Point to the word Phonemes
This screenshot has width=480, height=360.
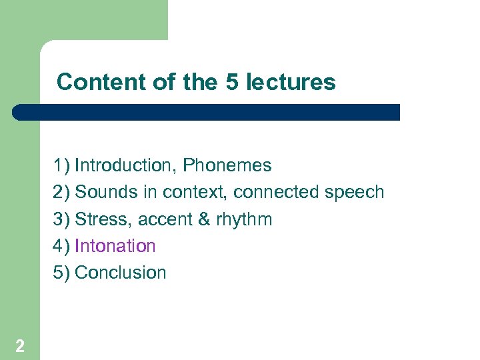[227, 165]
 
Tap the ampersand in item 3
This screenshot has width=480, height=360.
[204, 219]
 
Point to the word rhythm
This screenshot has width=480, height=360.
[244, 219]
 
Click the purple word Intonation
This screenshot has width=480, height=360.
[115, 246]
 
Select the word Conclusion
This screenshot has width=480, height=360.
[121, 273]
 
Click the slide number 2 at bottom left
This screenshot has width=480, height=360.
[20, 345]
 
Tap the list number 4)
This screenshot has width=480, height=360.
[61, 246]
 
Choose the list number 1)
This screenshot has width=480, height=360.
[61, 165]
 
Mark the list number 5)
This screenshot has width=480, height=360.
[61, 273]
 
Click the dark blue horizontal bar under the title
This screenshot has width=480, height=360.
[207, 112]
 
